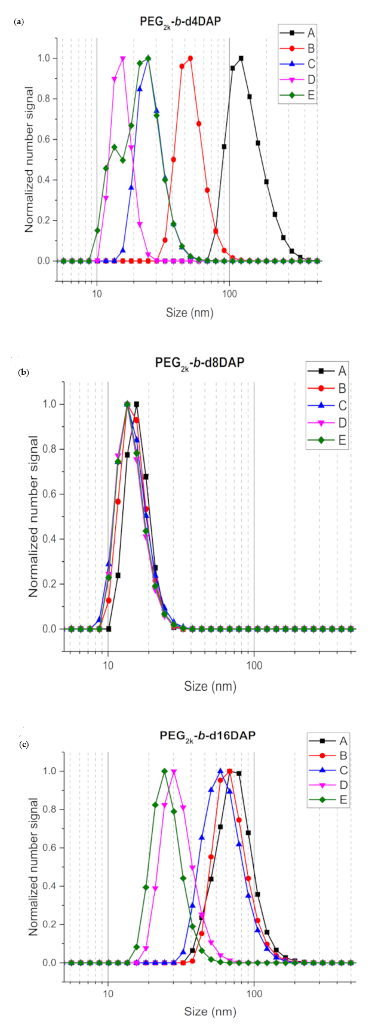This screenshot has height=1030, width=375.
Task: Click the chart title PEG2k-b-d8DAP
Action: (x=199, y=362)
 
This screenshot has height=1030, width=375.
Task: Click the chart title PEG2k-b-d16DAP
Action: (x=207, y=736)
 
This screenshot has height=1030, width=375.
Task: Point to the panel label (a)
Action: (x=19, y=21)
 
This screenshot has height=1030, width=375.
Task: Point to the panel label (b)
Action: (x=23, y=372)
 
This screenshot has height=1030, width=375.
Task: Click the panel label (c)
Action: (x=23, y=745)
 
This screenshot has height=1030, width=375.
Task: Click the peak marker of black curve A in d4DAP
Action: (x=241, y=59)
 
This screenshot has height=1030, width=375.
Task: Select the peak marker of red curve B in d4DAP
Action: (x=190, y=59)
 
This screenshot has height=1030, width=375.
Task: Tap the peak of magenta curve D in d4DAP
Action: (x=123, y=59)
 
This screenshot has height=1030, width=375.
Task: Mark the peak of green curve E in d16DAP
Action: (x=164, y=771)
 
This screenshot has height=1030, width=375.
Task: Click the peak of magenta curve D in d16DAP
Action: (x=174, y=771)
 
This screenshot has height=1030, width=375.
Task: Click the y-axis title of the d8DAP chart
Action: (x=33, y=516)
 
